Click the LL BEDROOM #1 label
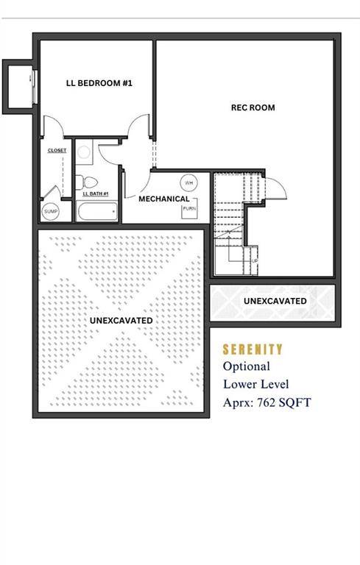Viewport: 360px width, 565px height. (99, 83)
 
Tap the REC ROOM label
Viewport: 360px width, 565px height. (253, 107)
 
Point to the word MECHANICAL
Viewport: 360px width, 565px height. (164, 199)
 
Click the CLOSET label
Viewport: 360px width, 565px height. (57, 150)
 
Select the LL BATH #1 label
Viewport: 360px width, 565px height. (95, 193)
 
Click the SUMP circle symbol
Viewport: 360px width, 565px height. (50, 212)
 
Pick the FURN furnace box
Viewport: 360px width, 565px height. (188, 210)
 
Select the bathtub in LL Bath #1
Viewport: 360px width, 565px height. (96, 212)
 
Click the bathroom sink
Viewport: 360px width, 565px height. (83, 153)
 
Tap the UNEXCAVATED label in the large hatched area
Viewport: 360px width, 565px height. (121, 321)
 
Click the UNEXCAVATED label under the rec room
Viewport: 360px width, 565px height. (275, 301)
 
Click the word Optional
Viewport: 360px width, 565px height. (246, 366)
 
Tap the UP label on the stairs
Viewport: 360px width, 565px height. (255, 260)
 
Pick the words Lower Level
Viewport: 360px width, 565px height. (257, 383)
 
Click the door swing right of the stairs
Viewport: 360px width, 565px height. (272, 188)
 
